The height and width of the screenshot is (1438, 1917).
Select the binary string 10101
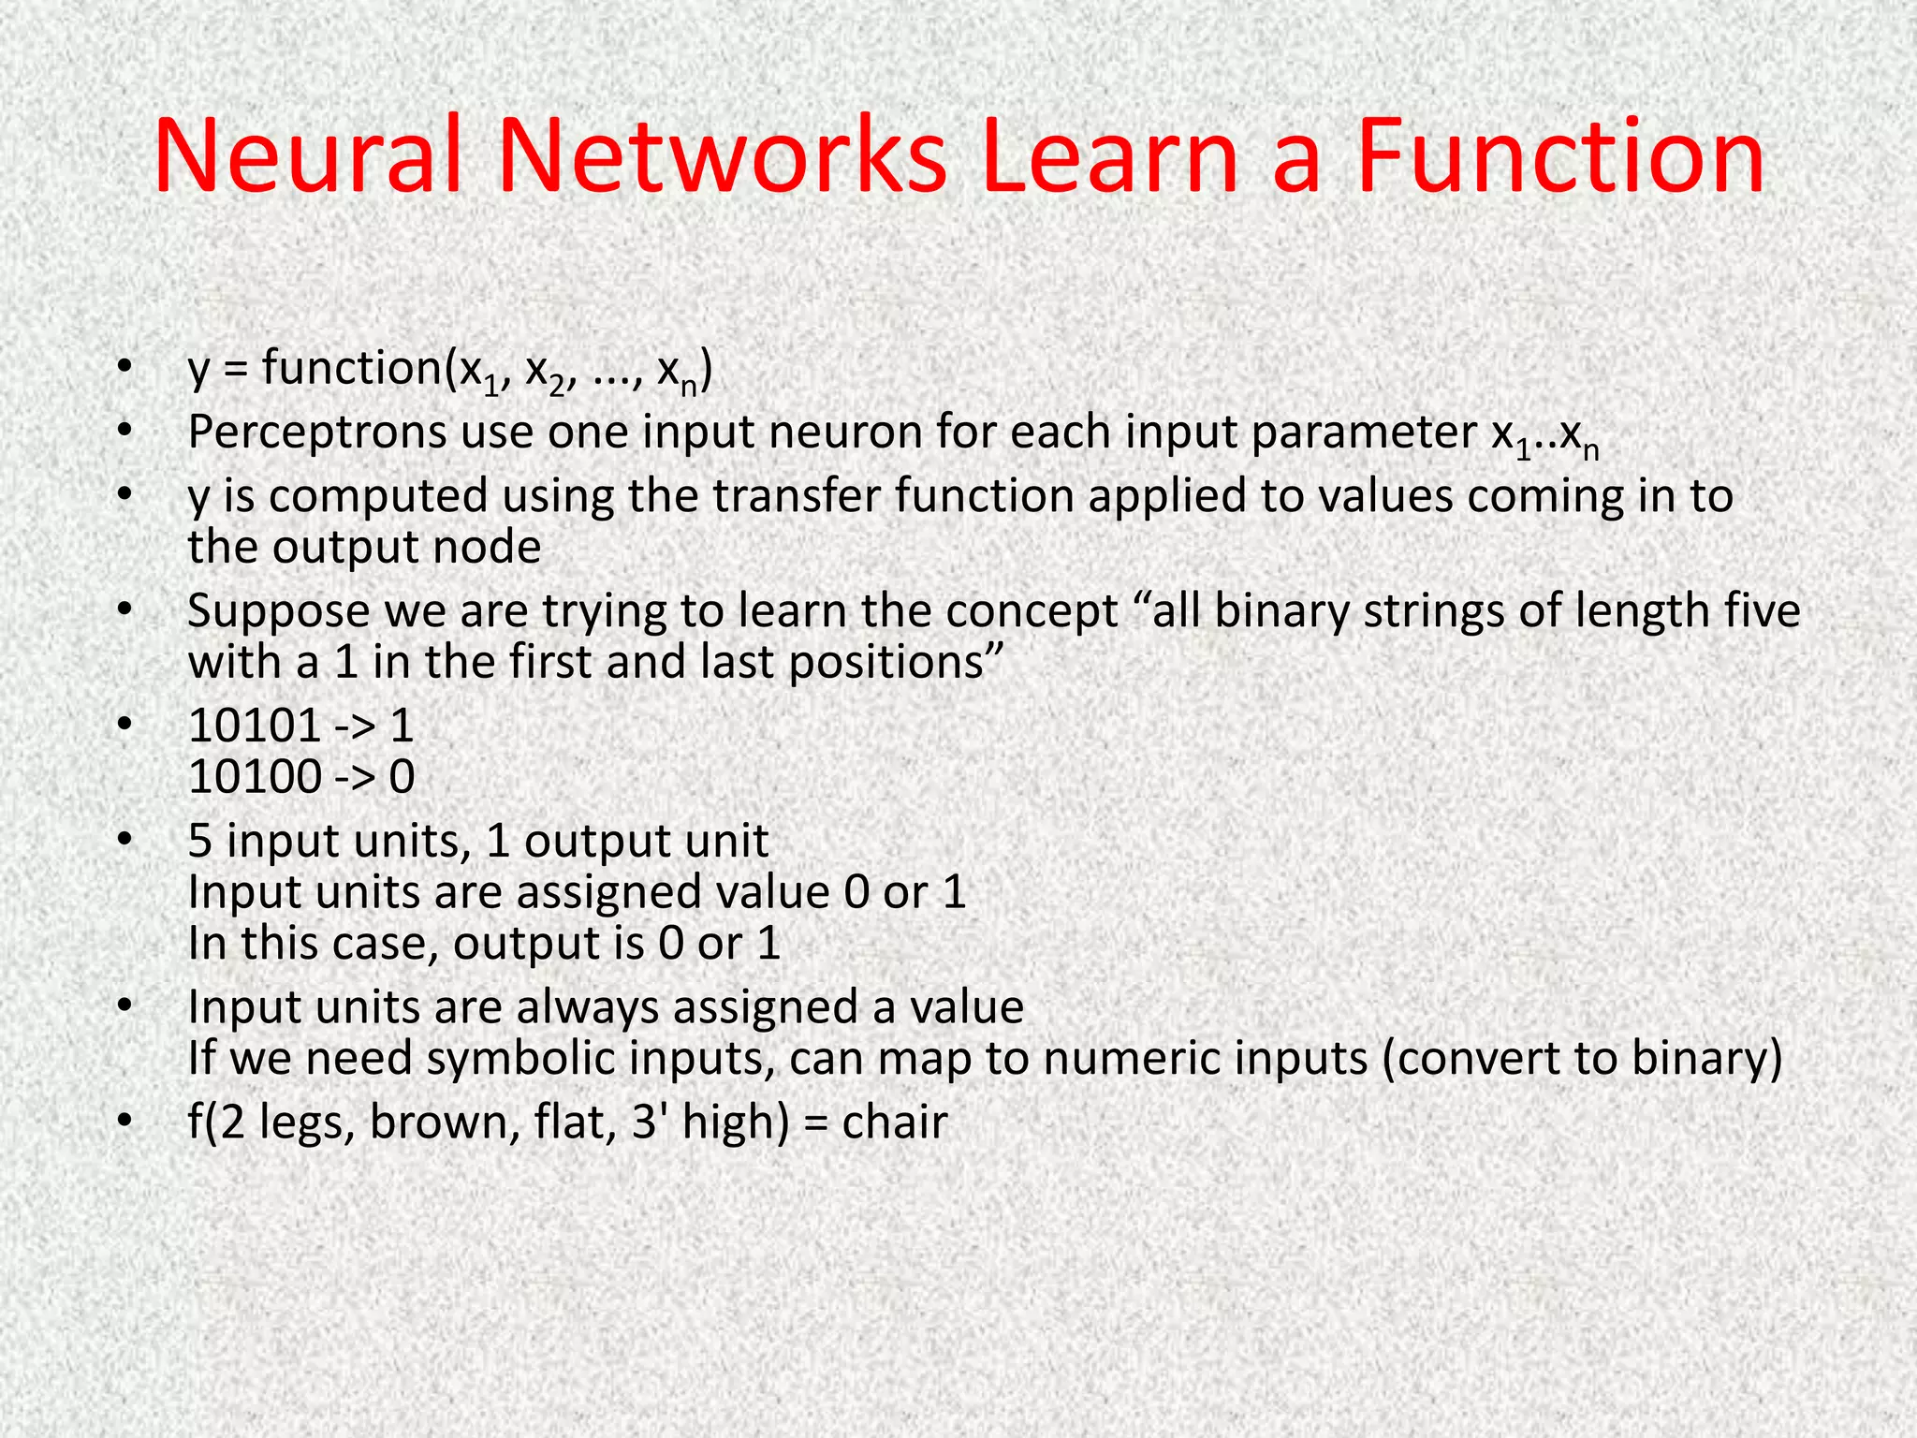coord(255,726)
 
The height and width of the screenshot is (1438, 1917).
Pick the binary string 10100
coord(255,777)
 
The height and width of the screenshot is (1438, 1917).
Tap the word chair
coord(895,1122)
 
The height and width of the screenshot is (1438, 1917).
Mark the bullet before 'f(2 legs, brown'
coord(124,1122)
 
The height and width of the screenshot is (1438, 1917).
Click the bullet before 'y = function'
coord(124,369)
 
